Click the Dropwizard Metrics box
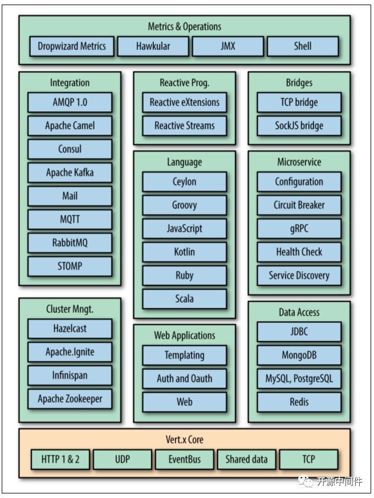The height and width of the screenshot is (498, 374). (72, 46)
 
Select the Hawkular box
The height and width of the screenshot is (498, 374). (153, 46)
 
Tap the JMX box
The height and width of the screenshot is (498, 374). (227, 46)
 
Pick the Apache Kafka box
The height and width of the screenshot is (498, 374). (70, 172)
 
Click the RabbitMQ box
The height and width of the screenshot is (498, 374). (70, 242)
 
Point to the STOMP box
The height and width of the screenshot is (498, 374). (70, 266)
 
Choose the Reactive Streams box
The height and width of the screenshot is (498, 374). (184, 125)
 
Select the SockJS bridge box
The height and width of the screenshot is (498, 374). (299, 125)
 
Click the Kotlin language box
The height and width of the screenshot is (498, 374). (184, 252)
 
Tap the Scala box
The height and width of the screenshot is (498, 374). (184, 298)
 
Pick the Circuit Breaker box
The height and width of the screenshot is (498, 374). (299, 205)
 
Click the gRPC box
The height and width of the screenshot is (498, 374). (299, 228)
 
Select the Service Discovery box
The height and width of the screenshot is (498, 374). (299, 275)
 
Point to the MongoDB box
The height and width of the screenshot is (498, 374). (299, 355)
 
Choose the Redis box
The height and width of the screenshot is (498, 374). (299, 402)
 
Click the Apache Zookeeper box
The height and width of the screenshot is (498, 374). (70, 399)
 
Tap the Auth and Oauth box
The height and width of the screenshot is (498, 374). (184, 378)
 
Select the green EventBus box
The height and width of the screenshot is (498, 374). (184, 459)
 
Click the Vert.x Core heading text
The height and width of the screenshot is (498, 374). (184, 440)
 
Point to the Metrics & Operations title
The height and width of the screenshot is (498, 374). (184, 26)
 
